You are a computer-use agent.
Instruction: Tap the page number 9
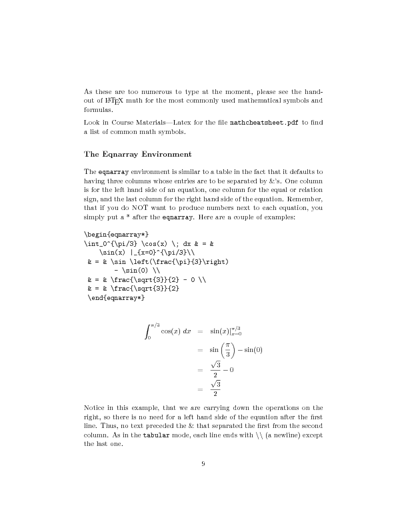tap(203, 465)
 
